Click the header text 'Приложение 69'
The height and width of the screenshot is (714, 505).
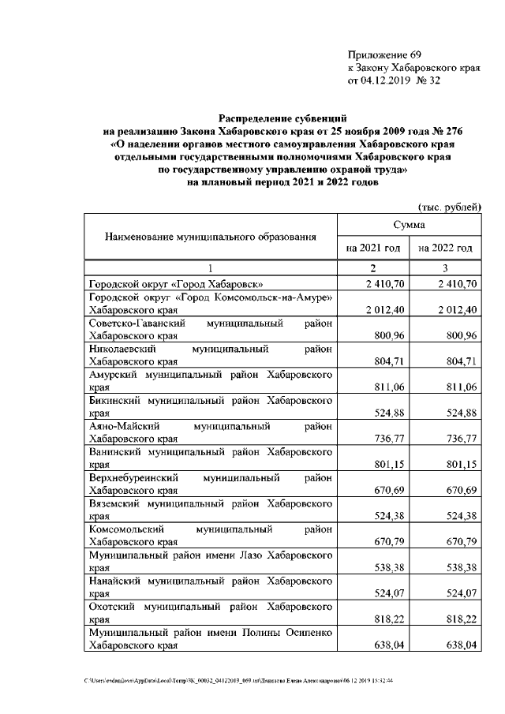[385, 54]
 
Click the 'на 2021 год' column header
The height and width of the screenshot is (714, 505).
[374, 249]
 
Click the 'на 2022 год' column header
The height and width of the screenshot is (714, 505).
[446, 249]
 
